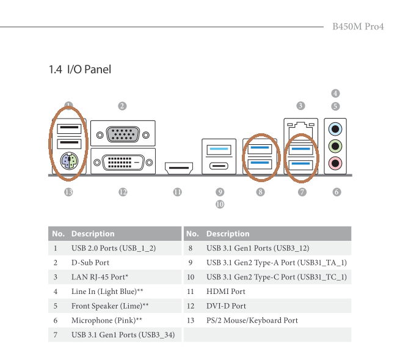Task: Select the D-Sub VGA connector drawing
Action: tap(123, 133)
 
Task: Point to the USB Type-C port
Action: tap(219, 166)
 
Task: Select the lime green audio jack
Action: tap(335, 146)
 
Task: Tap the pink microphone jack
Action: tap(335, 163)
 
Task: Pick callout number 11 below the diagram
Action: tap(177, 192)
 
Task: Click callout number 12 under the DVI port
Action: tap(123, 192)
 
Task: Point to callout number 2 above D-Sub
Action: tap(122, 106)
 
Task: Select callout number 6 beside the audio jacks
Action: tap(336, 192)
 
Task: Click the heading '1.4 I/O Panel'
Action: tap(80, 70)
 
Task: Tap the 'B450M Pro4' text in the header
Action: tap(358, 27)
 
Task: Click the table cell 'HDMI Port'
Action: tap(225, 292)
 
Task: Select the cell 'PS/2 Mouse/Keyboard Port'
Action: tap(252, 320)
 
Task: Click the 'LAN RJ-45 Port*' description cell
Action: tap(100, 277)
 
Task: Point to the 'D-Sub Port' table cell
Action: tap(90, 262)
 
